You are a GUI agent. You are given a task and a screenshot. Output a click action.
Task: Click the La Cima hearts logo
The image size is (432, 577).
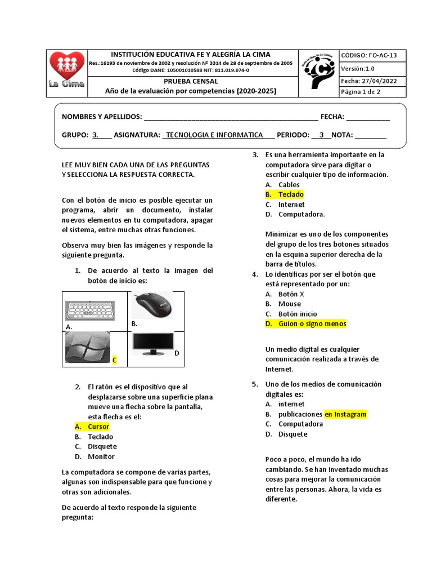(66, 70)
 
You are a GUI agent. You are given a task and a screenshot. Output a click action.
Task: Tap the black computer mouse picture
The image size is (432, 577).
(154, 305)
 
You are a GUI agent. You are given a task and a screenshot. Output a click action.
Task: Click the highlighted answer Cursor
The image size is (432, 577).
(98, 427)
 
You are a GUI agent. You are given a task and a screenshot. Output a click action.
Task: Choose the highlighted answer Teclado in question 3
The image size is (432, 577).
(291, 194)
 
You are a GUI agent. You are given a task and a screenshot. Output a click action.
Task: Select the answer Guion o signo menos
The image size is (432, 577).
(312, 323)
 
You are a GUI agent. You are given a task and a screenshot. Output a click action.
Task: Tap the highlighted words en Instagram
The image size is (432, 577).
(345, 414)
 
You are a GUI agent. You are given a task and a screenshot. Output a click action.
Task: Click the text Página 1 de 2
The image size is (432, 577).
(361, 92)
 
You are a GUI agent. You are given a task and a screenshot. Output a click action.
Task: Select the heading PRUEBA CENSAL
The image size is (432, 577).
(191, 81)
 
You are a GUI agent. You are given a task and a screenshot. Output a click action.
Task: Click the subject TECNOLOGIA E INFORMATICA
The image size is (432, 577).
(215, 135)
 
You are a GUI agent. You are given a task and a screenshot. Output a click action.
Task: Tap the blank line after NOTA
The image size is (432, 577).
(370, 135)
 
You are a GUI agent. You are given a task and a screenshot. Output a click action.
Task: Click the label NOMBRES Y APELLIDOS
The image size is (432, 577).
(101, 117)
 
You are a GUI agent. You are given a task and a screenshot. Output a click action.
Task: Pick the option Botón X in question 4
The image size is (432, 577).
(291, 294)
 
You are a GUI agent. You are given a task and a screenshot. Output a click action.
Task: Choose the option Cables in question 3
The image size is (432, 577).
(289, 184)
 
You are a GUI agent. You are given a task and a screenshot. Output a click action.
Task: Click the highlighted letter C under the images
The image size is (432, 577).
(114, 359)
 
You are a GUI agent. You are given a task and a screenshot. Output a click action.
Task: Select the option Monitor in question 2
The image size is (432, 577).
(101, 456)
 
